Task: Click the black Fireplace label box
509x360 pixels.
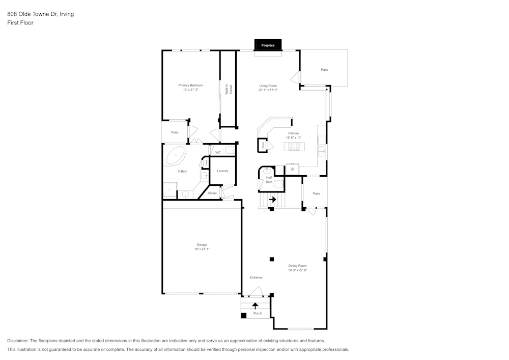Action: click(x=268, y=45)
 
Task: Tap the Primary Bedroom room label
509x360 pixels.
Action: click(x=190, y=85)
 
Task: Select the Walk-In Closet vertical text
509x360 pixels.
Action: click(x=228, y=90)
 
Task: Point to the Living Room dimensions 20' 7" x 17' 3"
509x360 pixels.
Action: click(x=268, y=90)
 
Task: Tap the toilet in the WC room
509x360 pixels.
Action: click(x=230, y=151)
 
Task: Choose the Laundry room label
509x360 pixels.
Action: click(x=222, y=171)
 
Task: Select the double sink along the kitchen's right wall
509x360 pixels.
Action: click(x=322, y=150)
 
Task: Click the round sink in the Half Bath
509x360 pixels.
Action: click(x=267, y=172)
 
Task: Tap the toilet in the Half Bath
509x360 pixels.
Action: click(x=278, y=183)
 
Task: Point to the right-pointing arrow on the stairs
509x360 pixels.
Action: click(x=272, y=200)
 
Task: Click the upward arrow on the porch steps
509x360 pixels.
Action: click(x=256, y=306)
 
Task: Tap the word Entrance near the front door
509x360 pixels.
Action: click(x=256, y=278)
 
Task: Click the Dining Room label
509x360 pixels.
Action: click(x=297, y=266)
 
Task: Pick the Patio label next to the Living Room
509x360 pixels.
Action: click(x=324, y=70)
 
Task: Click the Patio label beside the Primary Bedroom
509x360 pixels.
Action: click(x=175, y=132)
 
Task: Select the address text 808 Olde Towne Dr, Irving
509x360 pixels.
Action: click(x=40, y=14)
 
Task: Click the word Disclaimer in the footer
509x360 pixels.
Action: click(x=18, y=341)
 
